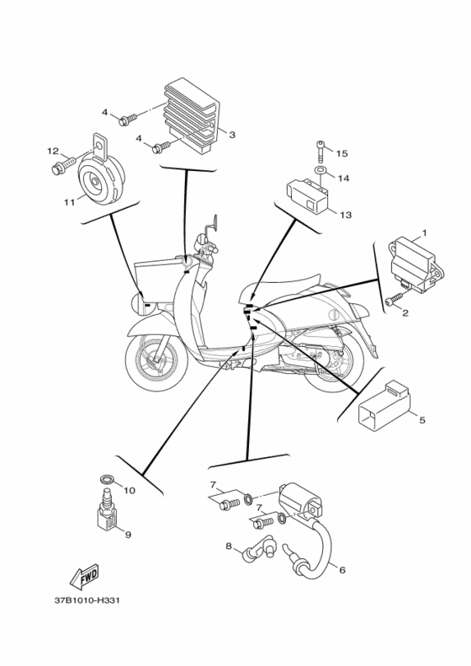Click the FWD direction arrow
pos(84,577)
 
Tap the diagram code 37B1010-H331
pos(87,600)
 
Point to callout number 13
pos(346,215)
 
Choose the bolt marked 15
pos(321,152)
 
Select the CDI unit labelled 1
pos(416,267)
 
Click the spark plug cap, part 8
pos(258,551)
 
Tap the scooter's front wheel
pos(156,360)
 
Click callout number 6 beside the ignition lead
pos(342,570)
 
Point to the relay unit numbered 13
pos(309,196)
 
